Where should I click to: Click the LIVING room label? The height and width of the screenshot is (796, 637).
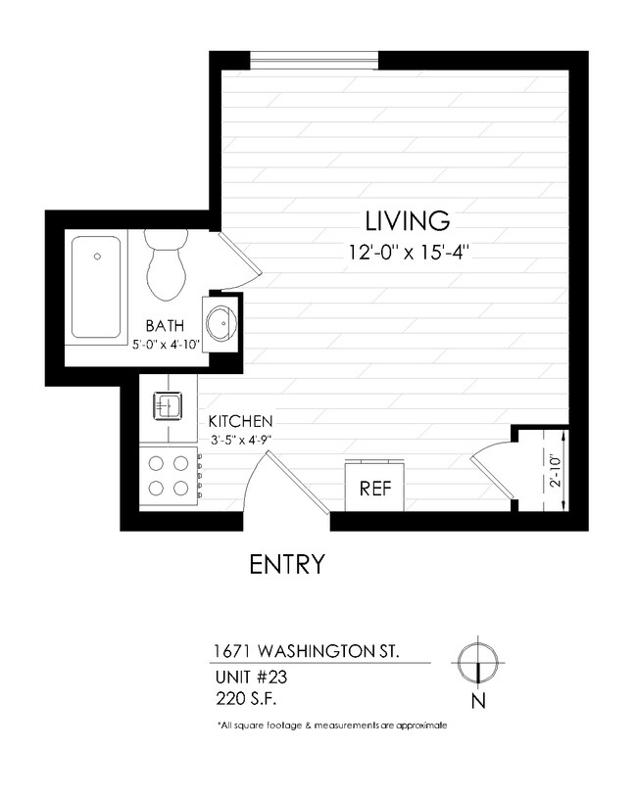(x=407, y=219)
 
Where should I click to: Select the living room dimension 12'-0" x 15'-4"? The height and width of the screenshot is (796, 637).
(x=407, y=251)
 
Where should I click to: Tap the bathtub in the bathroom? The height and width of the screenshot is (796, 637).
(x=96, y=286)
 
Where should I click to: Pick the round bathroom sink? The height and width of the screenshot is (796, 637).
(x=221, y=320)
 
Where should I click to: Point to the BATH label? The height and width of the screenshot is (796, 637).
(x=163, y=325)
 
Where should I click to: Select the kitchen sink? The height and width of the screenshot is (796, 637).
(x=166, y=402)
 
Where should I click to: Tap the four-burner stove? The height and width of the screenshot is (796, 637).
(x=168, y=477)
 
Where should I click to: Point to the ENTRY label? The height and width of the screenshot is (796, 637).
(x=286, y=565)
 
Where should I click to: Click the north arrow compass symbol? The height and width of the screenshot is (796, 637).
(x=477, y=661)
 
